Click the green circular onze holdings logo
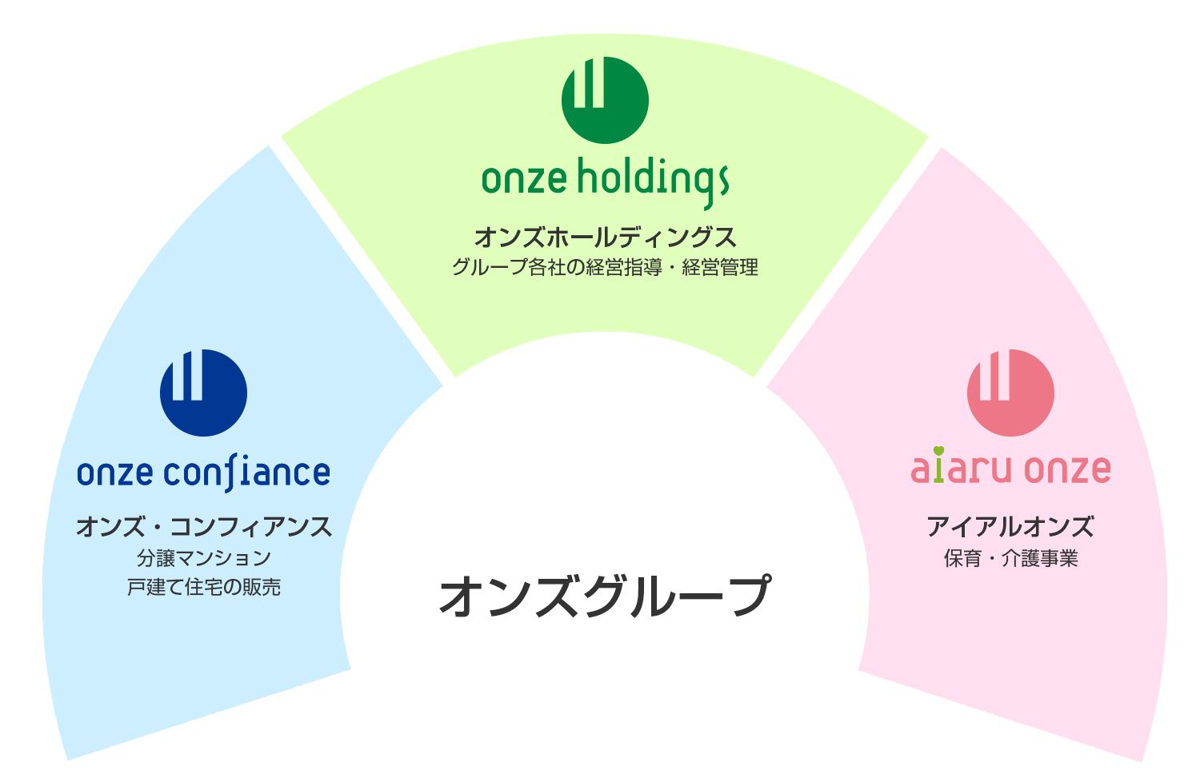(605, 100)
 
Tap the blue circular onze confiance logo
(203, 393)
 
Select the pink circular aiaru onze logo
(1010, 393)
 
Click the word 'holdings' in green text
(654, 182)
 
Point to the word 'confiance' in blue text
(247, 473)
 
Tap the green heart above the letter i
(938, 451)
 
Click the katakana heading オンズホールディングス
(606, 237)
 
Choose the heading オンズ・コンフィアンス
(204, 527)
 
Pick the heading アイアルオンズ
(1010, 527)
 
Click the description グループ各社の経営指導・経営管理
(606, 267)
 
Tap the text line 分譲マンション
(204, 558)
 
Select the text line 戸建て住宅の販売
(204, 587)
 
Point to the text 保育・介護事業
(1010, 558)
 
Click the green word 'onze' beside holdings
(525, 179)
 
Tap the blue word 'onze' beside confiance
(115, 473)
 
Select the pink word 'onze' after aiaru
(1068, 469)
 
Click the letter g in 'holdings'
(708, 188)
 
